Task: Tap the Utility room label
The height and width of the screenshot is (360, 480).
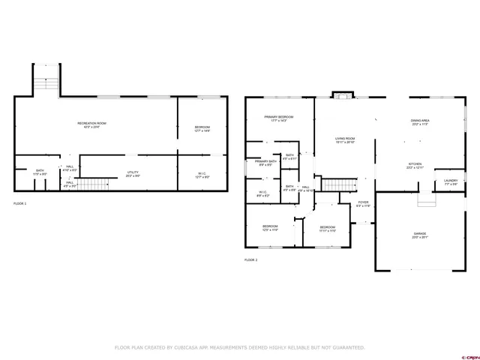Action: point(133,174)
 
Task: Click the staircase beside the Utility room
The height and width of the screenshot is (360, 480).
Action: point(90,184)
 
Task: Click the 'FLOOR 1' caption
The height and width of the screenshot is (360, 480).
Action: point(19,203)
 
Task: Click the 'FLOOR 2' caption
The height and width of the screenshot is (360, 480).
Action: point(250,259)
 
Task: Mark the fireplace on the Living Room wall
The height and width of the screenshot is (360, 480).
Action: point(343,95)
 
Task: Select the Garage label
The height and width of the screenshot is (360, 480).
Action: point(419,235)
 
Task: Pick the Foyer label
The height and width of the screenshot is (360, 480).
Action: point(363,202)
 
